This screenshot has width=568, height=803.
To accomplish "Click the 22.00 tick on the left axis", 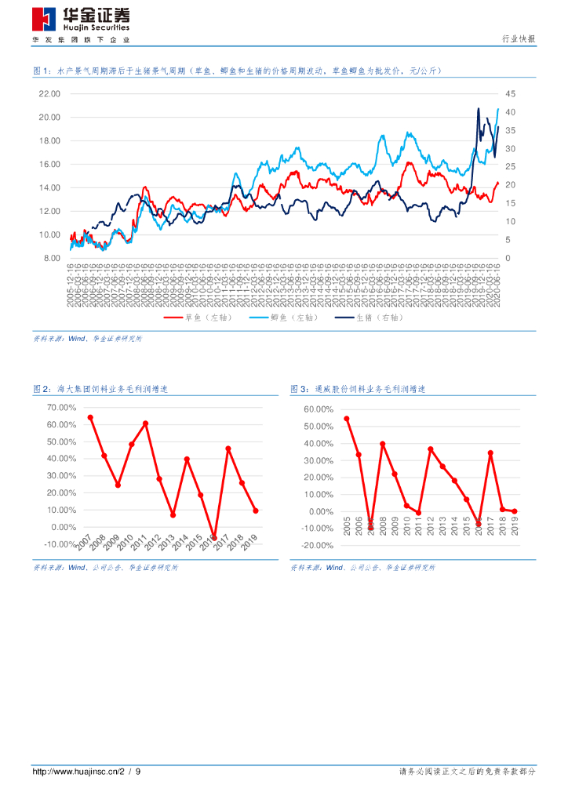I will (x=49, y=94).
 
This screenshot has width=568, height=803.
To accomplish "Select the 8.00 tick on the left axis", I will (x=51, y=258).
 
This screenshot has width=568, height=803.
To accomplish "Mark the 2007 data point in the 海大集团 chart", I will (x=90, y=417).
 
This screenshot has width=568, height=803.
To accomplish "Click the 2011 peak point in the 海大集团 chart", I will (x=145, y=423).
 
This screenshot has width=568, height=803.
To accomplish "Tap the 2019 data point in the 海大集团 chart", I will (x=256, y=511).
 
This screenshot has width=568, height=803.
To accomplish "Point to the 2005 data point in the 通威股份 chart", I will (x=347, y=419).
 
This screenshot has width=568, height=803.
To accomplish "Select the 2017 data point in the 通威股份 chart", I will (x=490, y=452).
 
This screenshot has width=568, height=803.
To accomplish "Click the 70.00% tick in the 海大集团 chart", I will (x=61, y=408).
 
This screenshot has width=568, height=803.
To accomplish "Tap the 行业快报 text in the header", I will (x=518, y=39).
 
